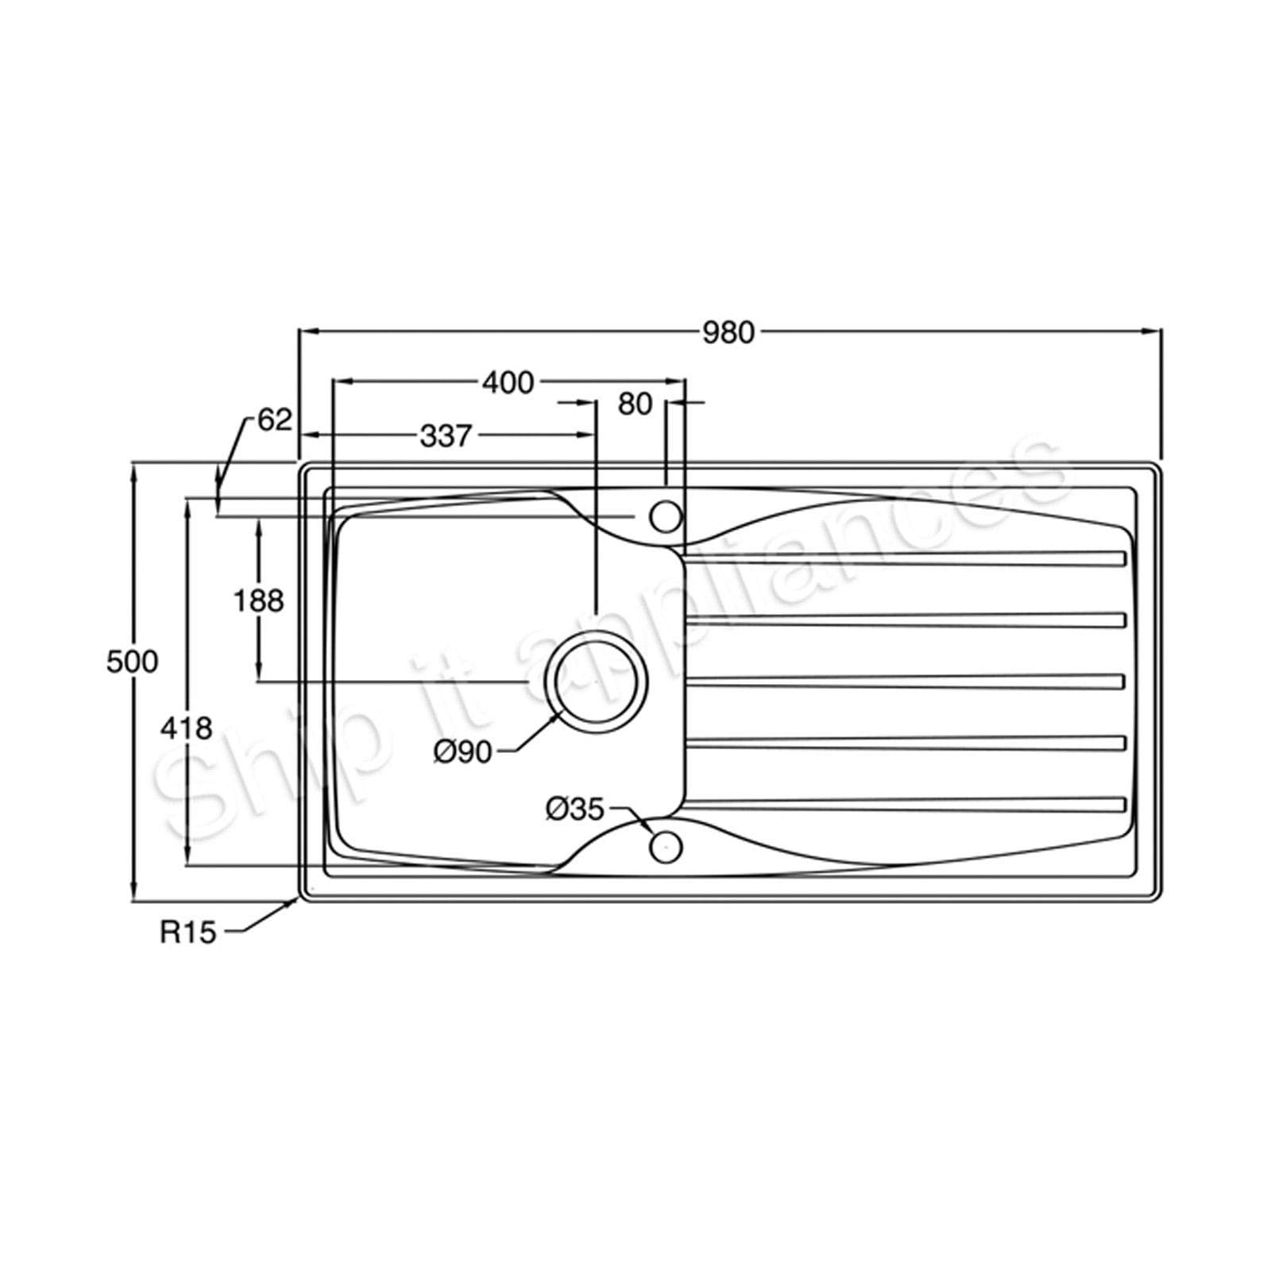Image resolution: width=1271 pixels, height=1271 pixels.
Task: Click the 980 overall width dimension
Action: tap(728, 333)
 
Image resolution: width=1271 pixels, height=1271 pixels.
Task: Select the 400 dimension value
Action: tap(508, 383)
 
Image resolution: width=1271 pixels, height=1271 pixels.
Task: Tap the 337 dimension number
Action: tap(446, 435)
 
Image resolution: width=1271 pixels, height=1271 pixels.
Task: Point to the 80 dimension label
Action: tap(635, 404)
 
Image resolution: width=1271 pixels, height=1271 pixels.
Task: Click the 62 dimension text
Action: tap(275, 420)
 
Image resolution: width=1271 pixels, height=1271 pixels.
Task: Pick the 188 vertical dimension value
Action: tap(258, 601)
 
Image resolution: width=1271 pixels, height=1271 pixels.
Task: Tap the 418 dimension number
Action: tap(186, 728)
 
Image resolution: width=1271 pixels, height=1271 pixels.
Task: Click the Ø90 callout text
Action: tap(463, 751)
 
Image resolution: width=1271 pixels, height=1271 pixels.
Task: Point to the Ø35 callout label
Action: tap(575, 809)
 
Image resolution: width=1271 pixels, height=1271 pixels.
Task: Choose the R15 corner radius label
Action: tap(187, 933)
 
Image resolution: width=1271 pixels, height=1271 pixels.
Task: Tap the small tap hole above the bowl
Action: tap(666, 517)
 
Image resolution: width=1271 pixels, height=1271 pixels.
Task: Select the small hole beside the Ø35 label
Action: tap(666, 847)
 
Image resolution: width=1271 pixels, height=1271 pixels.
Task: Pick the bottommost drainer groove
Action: tap(906, 805)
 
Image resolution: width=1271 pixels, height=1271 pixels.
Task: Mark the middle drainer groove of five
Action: tap(906, 682)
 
